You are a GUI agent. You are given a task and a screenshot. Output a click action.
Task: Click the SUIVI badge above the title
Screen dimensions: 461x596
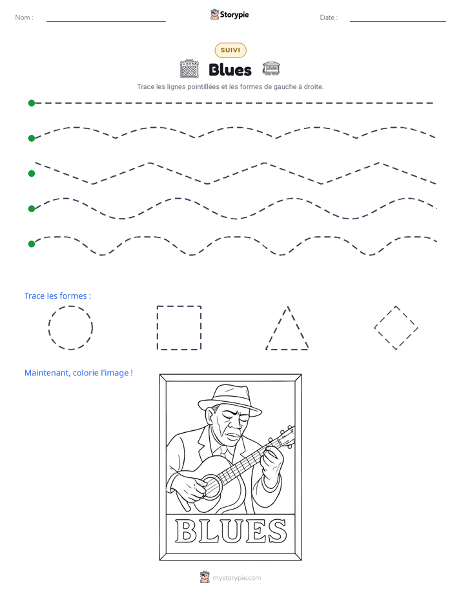(x=230, y=50)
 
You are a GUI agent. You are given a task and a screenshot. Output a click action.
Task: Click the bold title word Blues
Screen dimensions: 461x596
(x=230, y=70)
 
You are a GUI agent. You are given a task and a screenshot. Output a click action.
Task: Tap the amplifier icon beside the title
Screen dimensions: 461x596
(x=189, y=69)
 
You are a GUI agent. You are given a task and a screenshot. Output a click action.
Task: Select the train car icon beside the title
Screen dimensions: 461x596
(x=271, y=68)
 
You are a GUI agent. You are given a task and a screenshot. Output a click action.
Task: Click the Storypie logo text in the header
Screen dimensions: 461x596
(x=234, y=15)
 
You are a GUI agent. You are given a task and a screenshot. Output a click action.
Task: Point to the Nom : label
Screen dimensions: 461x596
(x=24, y=17)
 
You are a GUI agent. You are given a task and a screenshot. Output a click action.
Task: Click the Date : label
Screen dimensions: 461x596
(x=329, y=17)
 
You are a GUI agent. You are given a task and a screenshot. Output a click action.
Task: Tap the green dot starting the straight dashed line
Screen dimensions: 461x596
(x=32, y=103)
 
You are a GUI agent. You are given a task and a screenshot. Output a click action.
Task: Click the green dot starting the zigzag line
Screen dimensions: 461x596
(x=32, y=174)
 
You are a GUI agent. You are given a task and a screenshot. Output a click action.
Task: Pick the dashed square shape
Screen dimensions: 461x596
(x=157, y=328)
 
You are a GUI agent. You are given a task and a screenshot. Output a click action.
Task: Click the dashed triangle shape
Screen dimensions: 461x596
(x=278, y=328)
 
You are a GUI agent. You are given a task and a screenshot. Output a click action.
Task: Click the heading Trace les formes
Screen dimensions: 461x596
(x=57, y=295)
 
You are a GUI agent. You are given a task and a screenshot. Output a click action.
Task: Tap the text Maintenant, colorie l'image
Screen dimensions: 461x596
(x=78, y=373)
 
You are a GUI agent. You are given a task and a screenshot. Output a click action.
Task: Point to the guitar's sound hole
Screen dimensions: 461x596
(x=211, y=486)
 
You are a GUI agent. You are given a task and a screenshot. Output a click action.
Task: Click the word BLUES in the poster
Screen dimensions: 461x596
(x=230, y=531)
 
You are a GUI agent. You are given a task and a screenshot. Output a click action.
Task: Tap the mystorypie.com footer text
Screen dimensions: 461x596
(x=236, y=578)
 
